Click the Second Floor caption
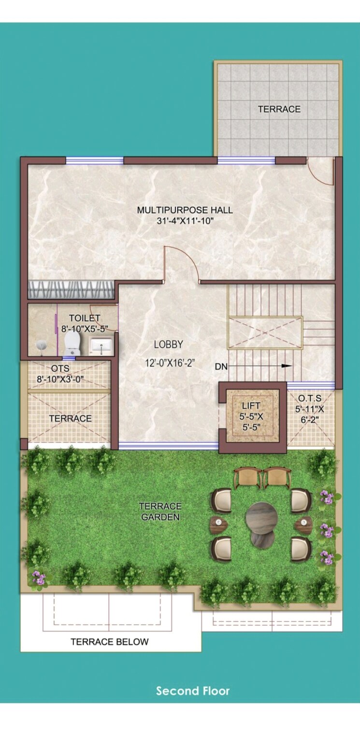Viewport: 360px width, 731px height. click(x=193, y=691)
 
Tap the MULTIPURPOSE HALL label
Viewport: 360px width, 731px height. click(x=185, y=210)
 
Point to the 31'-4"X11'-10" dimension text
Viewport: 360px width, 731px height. click(x=185, y=221)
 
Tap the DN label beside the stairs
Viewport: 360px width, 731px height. click(x=221, y=367)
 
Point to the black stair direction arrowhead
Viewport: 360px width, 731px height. click(x=287, y=366)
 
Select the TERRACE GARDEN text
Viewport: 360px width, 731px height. click(x=160, y=512)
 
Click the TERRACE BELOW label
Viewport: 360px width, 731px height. click(x=110, y=642)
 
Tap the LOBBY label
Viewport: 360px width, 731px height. click(x=169, y=344)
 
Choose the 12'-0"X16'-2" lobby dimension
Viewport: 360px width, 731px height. click(x=169, y=363)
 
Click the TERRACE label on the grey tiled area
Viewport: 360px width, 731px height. click(x=279, y=109)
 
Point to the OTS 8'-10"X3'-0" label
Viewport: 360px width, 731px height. click(x=60, y=374)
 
